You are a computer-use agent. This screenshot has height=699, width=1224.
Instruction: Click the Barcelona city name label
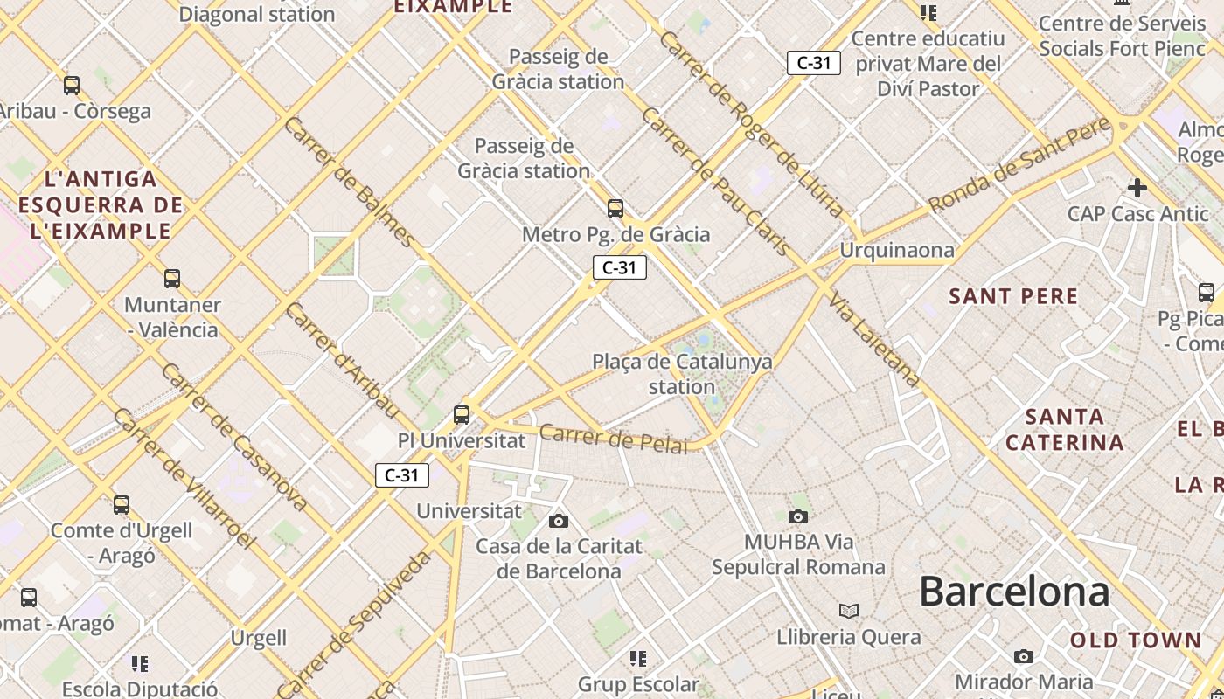1014,592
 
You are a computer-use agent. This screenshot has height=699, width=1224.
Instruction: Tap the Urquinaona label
897,251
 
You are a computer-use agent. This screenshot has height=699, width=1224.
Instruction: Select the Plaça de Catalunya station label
682,374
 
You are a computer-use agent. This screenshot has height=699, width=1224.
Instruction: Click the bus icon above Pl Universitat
462,415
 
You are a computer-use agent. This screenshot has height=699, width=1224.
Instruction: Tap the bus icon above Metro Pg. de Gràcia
615,209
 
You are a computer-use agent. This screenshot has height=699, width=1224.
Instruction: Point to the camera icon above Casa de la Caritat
559,522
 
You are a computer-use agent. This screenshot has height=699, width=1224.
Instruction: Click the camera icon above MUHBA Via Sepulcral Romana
798,516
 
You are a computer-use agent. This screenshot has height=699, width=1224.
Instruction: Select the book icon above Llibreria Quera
849,611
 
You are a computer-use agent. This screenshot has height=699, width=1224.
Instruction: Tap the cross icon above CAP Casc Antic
1137,188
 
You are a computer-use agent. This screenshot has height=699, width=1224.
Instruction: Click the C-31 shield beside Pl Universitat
402,475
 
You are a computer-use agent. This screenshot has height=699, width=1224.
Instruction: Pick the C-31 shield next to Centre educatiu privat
814,63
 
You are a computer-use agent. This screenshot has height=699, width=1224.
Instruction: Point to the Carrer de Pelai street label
614,439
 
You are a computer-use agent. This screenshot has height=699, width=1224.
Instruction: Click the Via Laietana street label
874,340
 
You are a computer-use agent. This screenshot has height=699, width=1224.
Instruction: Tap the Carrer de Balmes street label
350,181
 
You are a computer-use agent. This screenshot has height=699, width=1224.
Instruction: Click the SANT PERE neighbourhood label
1013,296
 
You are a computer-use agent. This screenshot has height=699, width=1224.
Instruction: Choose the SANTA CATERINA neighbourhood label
1064,429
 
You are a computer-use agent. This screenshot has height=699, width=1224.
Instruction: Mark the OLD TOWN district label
1136,640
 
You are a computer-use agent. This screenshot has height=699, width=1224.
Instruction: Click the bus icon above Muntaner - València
172,279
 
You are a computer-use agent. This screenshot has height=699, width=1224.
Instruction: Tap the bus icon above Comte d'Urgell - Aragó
122,505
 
